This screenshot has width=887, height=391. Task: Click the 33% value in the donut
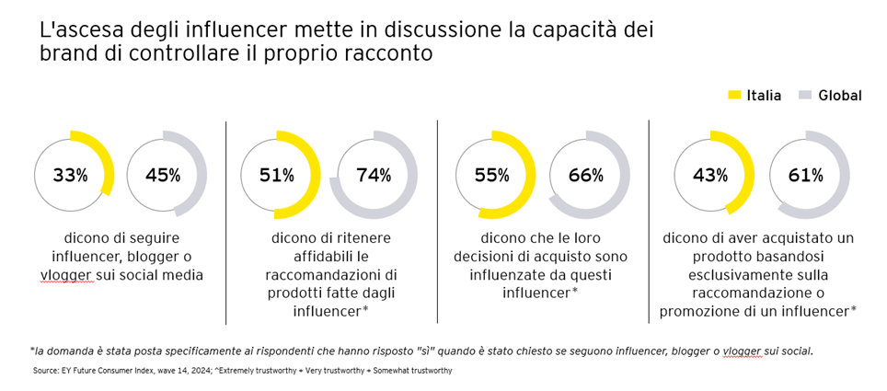(x=70, y=176)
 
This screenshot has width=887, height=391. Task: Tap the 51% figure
(x=275, y=175)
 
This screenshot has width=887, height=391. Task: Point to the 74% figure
(x=374, y=175)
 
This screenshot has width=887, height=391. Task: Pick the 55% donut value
(x=491, y=175)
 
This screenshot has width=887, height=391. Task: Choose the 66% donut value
(x=585, y=175)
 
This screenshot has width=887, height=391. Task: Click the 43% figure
(x=709, y=175)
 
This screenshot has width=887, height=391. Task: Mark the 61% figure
(x=805, y=175)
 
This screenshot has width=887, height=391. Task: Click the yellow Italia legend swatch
(x=734, y=95)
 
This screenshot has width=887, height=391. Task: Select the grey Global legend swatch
(x=805, y=95)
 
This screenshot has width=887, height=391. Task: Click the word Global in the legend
(x=840, y=95)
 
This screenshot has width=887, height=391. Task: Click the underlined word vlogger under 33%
(x=66, y=275)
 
